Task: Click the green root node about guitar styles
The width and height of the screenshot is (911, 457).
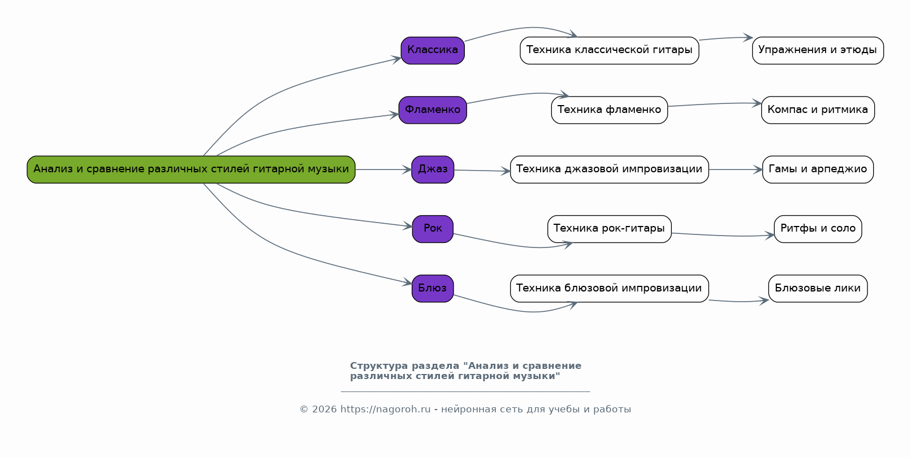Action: [x=191, y=169]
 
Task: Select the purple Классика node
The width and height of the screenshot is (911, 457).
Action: [x=433, y=50]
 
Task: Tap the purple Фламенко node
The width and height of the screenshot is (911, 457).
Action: [x=433, y=110]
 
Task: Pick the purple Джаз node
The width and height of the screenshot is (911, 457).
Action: [x=433, y=169]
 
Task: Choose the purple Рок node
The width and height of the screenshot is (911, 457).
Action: [x=433, y=229]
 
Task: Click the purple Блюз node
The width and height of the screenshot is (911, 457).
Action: [x=433, y=289]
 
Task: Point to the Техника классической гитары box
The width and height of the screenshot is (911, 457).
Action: [x=609, y=50]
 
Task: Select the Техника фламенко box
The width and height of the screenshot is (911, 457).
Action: [x=609, y=110]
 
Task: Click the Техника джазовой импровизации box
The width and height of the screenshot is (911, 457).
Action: [x=609, y=169]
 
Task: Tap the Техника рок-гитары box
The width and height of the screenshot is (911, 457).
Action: [x=609, y=229]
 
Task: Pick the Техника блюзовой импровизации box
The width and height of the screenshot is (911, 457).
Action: [x=609, y=289]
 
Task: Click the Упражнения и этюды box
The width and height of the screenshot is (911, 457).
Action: [x=817, y=50]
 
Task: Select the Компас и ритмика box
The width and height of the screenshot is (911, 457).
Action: [x=817, y=110]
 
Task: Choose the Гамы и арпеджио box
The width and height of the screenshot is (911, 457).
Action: [x=817, y=169]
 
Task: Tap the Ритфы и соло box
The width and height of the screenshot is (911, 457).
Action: [x=817, y=229]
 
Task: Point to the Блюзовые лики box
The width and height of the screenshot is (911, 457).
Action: [x=817, y=289]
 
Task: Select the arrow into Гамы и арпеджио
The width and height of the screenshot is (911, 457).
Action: [x=735, y=169]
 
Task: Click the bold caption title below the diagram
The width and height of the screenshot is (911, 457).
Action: [x=465, y=371]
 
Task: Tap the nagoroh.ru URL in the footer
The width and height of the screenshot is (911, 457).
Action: [x=385, y=410]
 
